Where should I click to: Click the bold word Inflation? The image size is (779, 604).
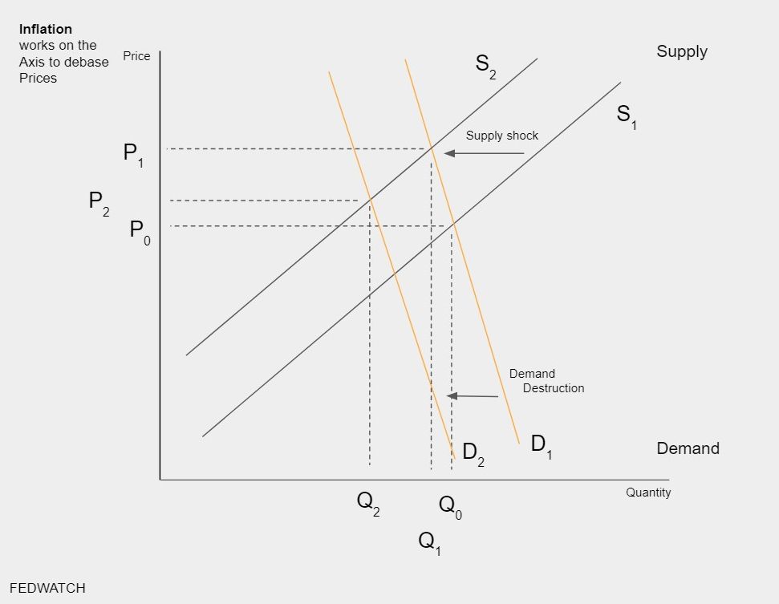pos(45,30)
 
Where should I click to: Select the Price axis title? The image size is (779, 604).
pos(136,56)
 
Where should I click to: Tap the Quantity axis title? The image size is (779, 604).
pos(648,493)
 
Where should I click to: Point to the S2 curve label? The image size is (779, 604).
pos(485,65)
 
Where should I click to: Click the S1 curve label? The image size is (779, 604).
pos(627,116)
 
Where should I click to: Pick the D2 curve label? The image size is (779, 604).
pos(473,453)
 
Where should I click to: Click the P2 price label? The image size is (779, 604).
pos(99,202)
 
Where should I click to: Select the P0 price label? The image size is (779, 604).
pos(140,232)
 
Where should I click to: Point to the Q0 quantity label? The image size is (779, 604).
pos(450,506)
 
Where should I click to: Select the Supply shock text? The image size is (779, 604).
pos(502,136)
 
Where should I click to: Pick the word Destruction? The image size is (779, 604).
pos(554,388)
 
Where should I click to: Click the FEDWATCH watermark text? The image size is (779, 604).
pos(47,588)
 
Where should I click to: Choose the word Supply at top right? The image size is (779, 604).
pos(682,51)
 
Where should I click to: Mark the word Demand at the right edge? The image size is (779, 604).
pos(688,448)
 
